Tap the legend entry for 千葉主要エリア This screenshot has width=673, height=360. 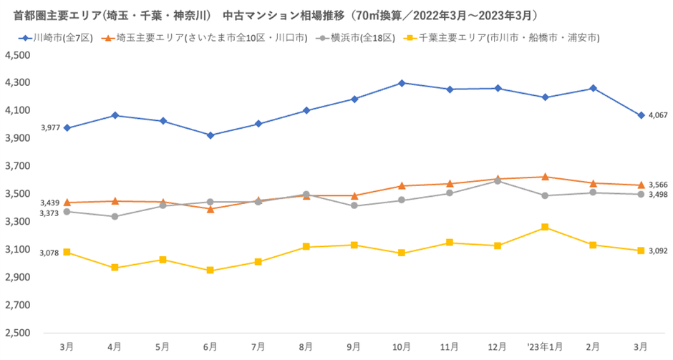click(x=501, y=37)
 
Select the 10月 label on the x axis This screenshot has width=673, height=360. click(x=402, y=346)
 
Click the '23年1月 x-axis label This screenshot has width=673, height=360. click(x=544, y=346)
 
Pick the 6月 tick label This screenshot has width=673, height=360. click(x=210, y=346)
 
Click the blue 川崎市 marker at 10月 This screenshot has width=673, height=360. click(x=402, y=83)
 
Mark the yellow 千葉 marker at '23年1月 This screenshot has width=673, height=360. click(x=546, y=227)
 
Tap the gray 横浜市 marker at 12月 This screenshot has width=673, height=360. click(x=498, y=181)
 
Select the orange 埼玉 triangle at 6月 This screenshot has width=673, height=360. click(x=210, y=209)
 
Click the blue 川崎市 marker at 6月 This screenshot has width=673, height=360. click(x=210, y=135)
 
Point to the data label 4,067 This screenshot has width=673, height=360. click(x=658, y=115)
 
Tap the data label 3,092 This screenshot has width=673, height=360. click(x=658, y=250)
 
